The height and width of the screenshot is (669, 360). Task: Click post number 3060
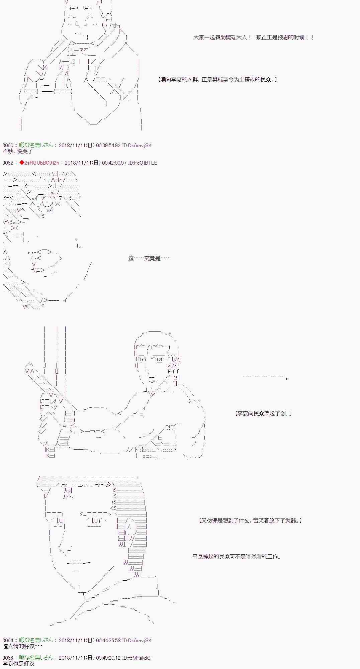7,145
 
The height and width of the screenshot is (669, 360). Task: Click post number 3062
7,163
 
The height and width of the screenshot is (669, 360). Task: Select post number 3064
7,640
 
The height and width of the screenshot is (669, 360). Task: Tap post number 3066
7,658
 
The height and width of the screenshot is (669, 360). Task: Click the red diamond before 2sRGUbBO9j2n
21,163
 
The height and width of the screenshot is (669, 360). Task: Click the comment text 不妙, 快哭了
18,151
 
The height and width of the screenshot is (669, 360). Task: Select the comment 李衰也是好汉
18,664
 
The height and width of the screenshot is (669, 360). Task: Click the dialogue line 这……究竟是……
149,258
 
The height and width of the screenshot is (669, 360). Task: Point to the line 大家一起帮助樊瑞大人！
222,37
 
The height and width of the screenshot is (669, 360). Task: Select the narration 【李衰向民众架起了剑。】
263,413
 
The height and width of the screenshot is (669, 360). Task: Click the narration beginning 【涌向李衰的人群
217,80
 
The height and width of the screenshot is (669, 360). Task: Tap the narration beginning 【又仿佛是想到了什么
250,520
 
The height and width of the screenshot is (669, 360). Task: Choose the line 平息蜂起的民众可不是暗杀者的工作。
237,557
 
